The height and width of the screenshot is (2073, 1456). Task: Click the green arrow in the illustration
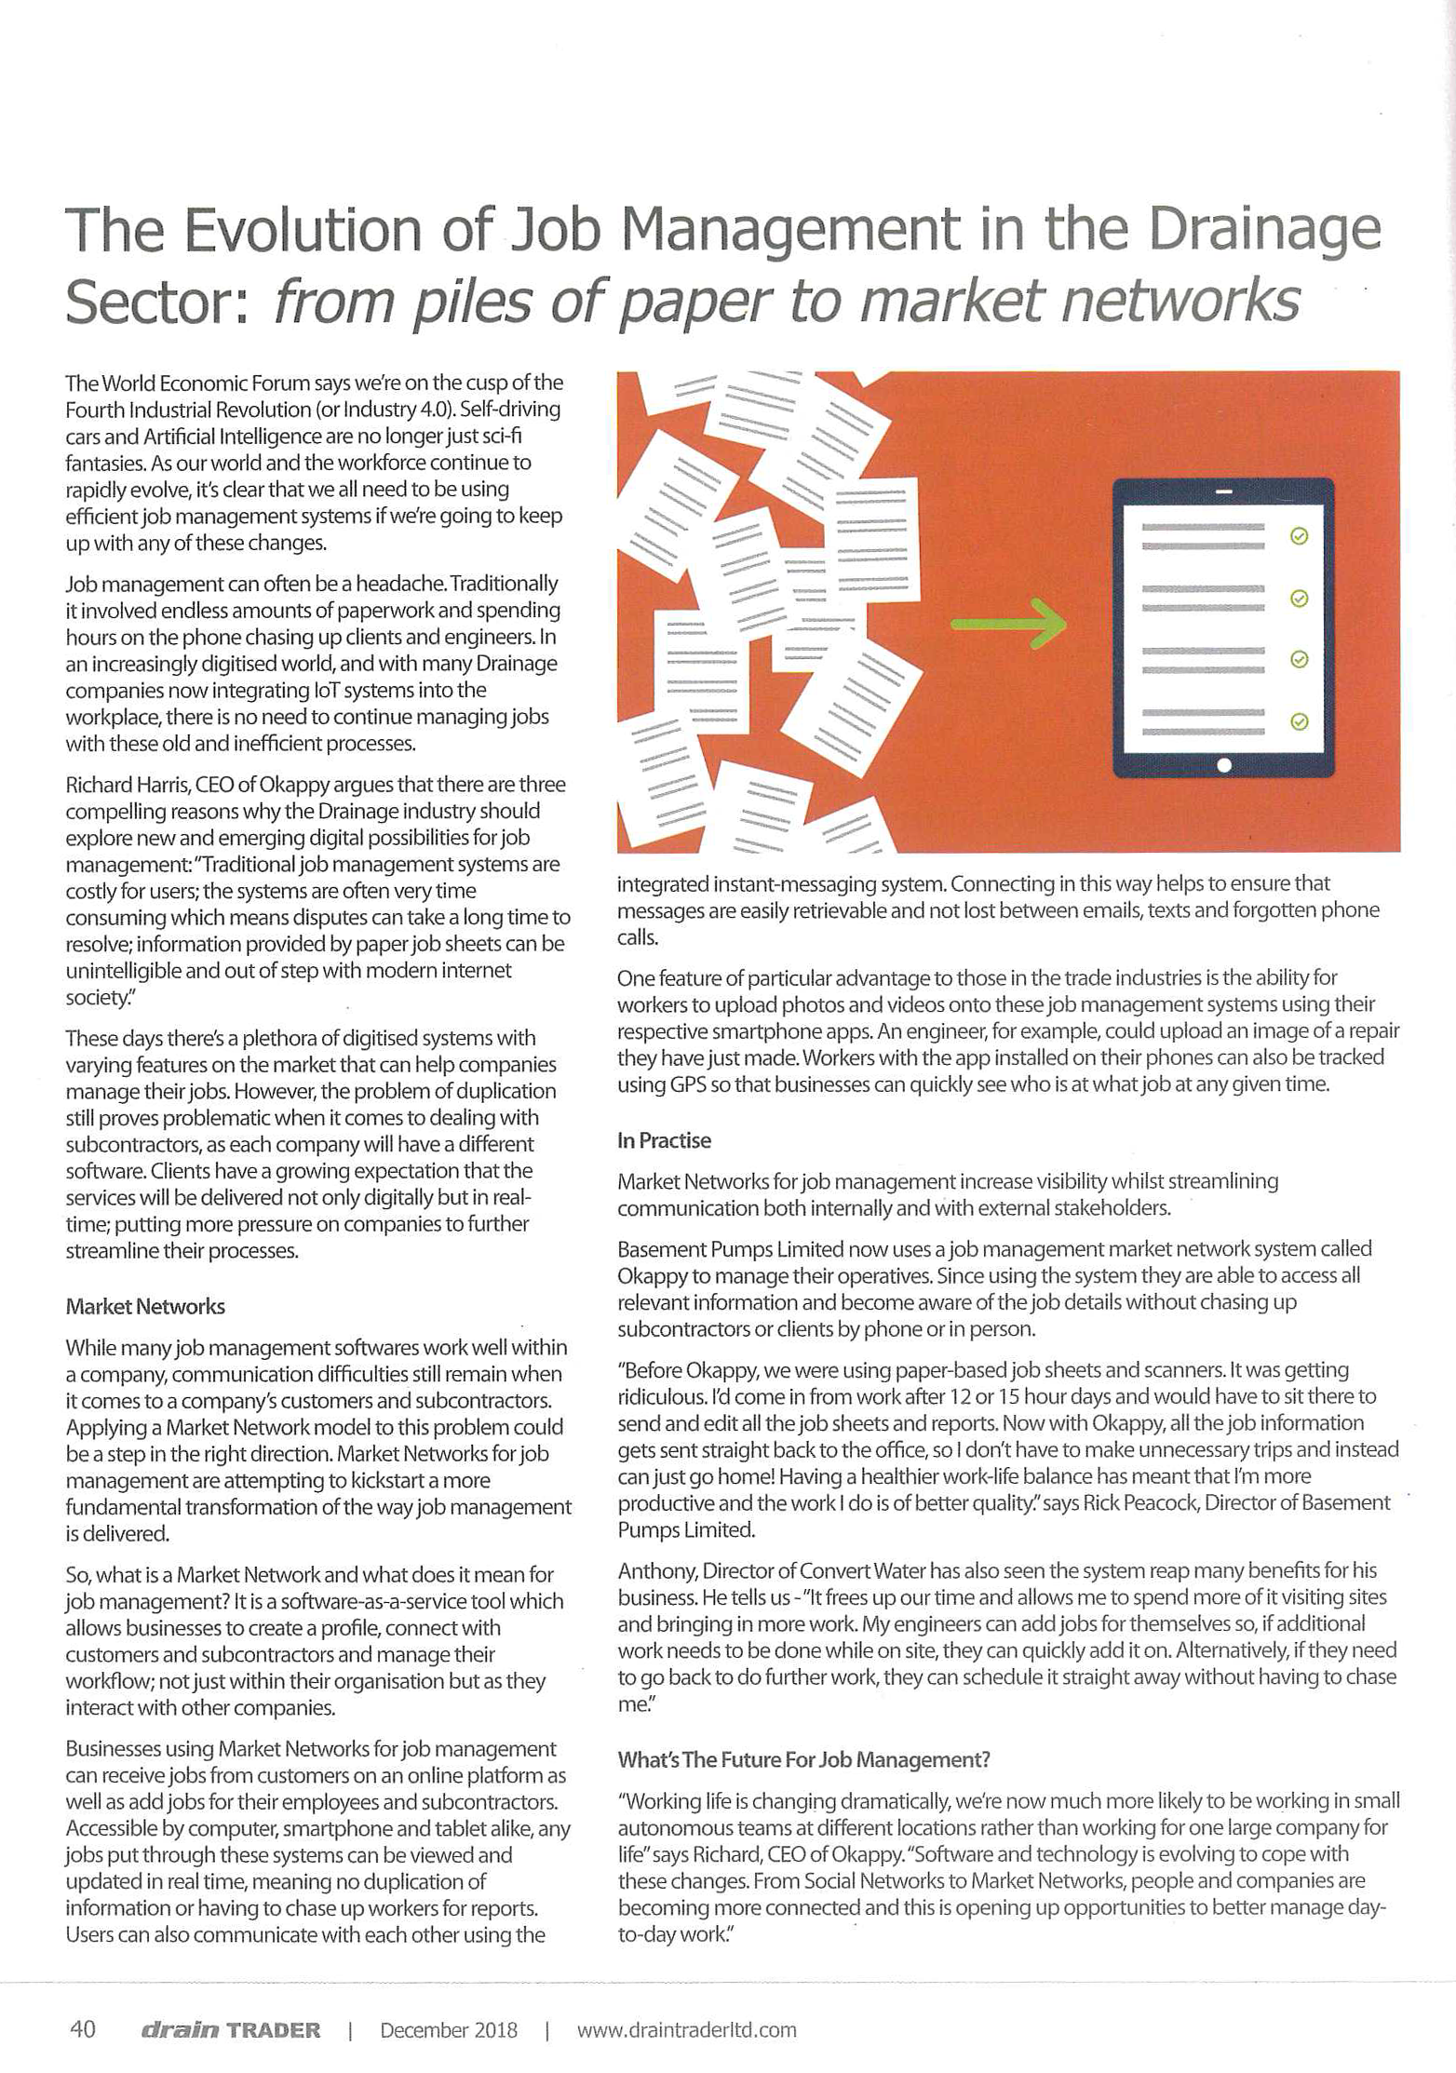coord(1009,623)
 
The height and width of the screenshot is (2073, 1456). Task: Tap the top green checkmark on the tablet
coord(1300,536)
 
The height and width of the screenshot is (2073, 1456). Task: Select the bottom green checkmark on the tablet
coord(1300,721)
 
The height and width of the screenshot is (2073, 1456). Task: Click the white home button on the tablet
coord(1224,765)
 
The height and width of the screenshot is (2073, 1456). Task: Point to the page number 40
coord(83,2029)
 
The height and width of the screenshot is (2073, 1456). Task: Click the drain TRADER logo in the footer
coord(230,2030)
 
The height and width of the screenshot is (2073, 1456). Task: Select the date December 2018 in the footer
coord(448,2030)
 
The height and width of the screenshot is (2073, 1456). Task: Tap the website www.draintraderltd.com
coord(686,2030)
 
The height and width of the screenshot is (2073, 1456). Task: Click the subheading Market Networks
coord(145,1307)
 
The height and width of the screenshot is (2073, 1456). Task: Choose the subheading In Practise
coord(664,1141)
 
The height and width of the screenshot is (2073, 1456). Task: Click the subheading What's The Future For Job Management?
coord(803,1760)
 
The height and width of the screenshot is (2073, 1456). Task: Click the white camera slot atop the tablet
coord(1224,491)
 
